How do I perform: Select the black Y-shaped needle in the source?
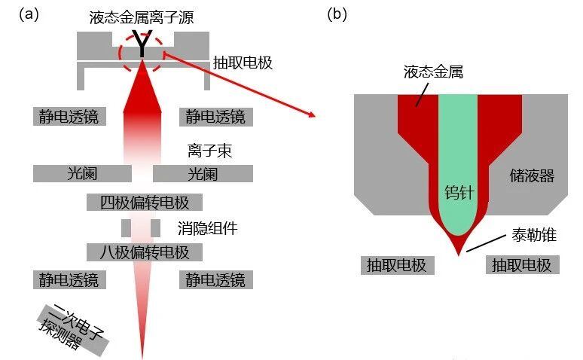point(142,45)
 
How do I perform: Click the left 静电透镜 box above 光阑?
point(69,116)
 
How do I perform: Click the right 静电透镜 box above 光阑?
point(215,116)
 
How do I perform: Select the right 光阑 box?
point(203,174)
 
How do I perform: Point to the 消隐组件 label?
point(208,227)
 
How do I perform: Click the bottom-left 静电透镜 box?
point(69,280)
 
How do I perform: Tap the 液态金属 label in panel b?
point(432,72)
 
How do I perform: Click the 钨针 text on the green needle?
point(459,193)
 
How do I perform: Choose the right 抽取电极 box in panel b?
point(521,265)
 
